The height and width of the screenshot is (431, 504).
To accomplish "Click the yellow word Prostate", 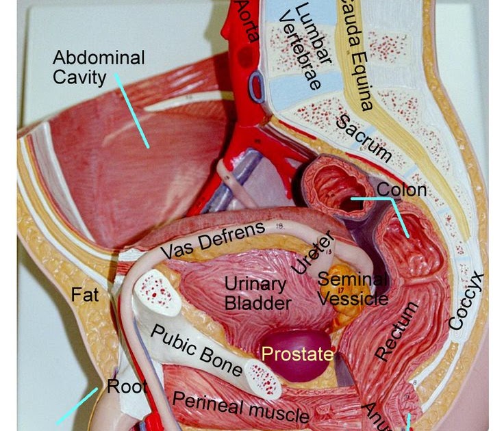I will pos(298,354).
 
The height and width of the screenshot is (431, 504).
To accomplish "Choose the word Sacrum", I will pos(363,138).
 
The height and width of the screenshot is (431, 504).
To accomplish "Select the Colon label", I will pos(402,190).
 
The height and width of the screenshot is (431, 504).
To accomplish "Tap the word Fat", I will pos(85,295).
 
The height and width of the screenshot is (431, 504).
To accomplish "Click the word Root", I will pos(127,387).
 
